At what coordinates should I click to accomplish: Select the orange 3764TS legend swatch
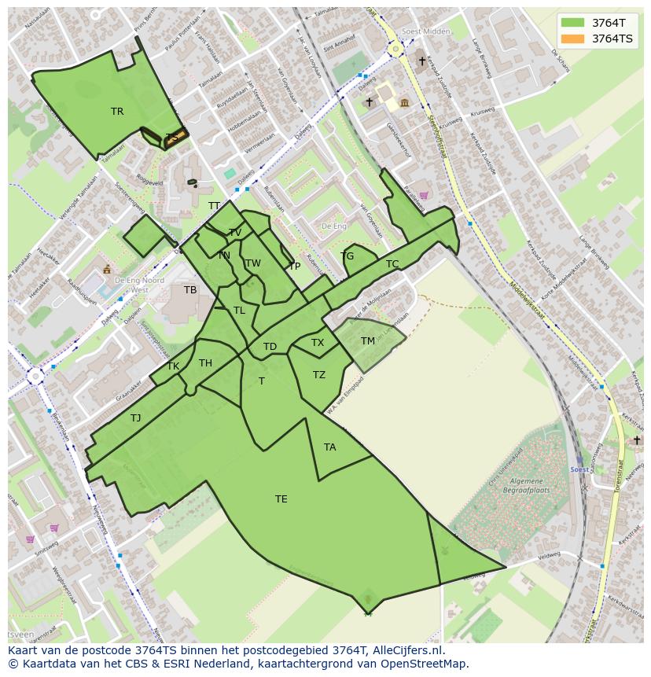tap(573, 38)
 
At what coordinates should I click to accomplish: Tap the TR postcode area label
tap(117, 112)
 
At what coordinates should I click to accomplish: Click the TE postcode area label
tap(281, 499)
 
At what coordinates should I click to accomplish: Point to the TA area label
tap(330, 447)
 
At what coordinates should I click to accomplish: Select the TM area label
tap(368, 341)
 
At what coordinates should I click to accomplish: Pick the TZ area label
tap(319, 375)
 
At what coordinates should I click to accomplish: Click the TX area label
tap(318, 343)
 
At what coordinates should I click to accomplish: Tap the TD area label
tap(270, 347)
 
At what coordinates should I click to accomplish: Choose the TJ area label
tap(136, 418)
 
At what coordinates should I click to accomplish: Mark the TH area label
tap(205, 363)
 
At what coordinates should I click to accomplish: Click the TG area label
tap(348, 256)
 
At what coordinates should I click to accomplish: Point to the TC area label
tap(392, 264)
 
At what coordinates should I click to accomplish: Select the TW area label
tap(252, 263)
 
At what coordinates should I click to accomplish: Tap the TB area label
tap(190, 290)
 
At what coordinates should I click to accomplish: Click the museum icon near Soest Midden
tap(404, 103)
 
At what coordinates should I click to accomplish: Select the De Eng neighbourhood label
tap(334, 226)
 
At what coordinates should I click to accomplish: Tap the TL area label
tap(239, 311)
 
